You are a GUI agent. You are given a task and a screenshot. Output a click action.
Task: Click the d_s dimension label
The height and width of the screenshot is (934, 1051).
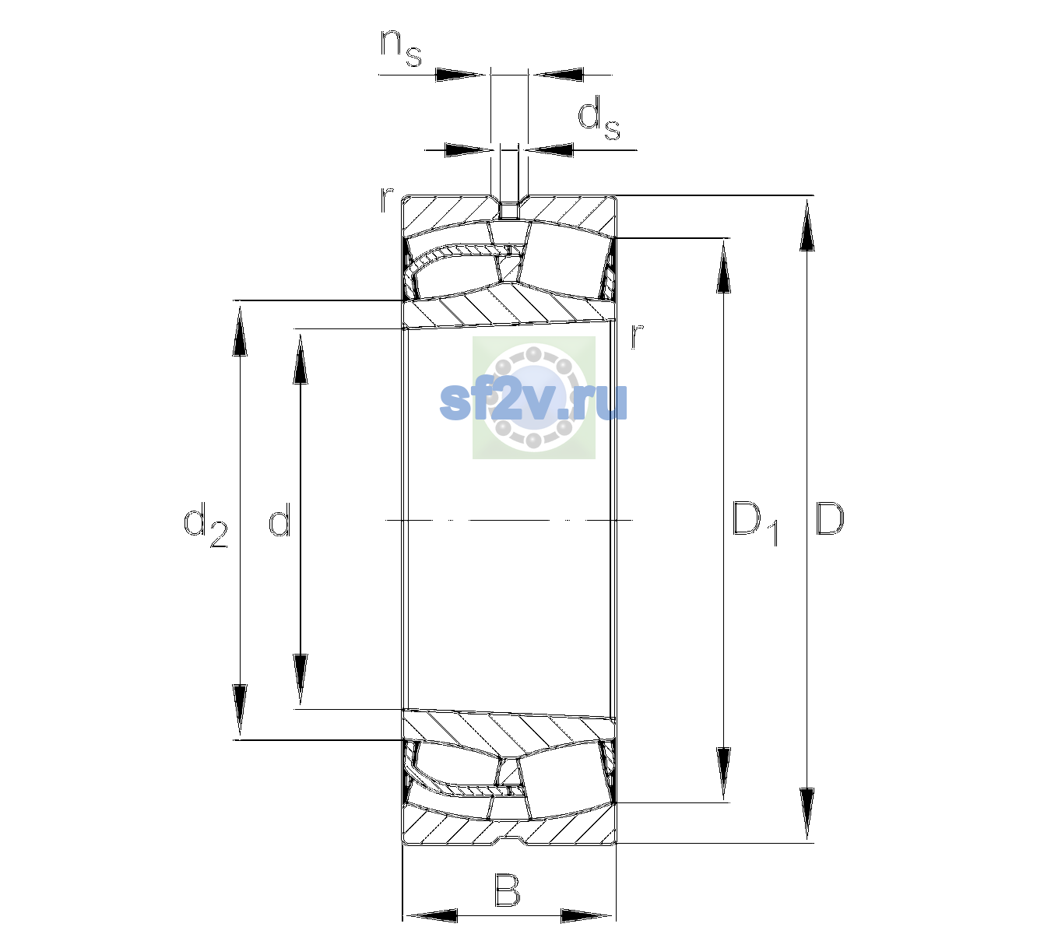click(599, 120)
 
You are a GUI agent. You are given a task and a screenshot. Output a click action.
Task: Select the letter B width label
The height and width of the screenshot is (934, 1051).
click(507, 890)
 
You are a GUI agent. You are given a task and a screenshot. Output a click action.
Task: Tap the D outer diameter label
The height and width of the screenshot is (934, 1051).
click(829, 518)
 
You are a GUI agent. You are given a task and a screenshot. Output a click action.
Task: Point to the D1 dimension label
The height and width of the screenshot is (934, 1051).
click(755, 523)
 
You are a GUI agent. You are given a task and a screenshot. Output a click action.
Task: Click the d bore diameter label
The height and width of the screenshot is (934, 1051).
click(279, 518)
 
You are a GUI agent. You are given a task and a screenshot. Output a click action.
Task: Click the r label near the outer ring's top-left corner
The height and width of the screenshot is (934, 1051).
click(386, 200)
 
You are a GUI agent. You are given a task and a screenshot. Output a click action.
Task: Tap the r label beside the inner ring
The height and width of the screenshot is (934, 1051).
click(637, 336)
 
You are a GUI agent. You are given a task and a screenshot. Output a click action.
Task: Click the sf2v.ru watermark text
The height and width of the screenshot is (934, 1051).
click(533, 402)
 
